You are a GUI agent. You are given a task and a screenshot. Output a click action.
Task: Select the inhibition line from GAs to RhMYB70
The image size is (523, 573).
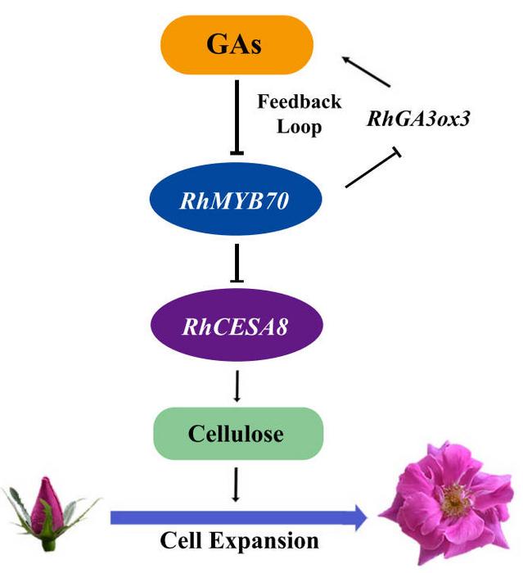[236, 115]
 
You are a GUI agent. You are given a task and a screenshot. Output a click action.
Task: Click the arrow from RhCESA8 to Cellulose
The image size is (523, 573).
[236, 385]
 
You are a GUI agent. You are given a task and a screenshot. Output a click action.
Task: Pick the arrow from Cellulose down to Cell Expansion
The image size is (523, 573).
[236, 485]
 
